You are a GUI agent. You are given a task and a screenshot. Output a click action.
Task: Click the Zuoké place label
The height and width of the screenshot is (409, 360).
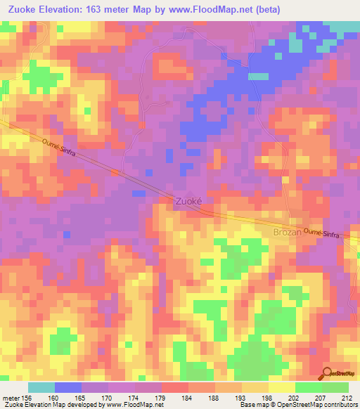tap(188, 200)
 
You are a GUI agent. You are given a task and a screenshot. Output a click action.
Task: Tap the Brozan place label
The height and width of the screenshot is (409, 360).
tap(287, 231)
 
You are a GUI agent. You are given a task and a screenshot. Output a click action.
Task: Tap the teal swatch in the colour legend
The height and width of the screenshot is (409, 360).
tap(41, 387)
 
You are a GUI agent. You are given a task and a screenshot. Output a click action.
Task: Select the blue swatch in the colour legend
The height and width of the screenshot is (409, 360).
tap(67, 387)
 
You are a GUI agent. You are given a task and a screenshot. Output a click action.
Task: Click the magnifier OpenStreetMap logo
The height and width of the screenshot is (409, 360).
tap(327, 373)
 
